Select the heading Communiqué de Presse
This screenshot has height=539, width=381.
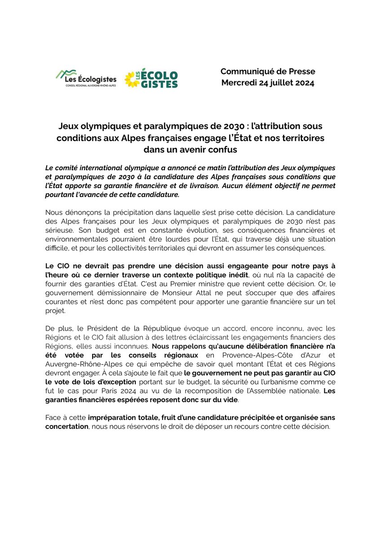coord(268,71)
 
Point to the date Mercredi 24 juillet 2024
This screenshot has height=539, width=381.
coord(268,83)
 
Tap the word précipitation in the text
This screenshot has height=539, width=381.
coord(119,212)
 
